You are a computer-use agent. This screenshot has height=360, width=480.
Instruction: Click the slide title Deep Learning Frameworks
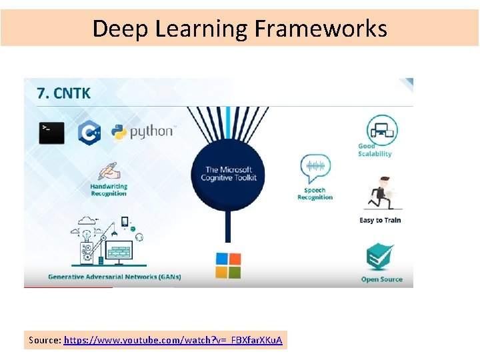point(239,29)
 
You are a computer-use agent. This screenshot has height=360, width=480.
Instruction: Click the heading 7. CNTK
point(64,93)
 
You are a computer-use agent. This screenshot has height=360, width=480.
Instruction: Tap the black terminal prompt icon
point(52,132)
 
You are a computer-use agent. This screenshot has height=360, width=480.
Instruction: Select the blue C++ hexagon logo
point(89,132)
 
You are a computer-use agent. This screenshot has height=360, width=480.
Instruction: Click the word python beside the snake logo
point(151,131)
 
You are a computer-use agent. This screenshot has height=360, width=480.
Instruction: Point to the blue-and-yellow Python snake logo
point(119,132)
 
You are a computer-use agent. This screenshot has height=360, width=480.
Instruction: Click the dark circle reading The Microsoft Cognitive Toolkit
point(230,174)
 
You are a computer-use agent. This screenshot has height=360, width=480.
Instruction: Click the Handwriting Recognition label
point(109,190)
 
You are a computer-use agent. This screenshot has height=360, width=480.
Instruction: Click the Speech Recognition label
point(315,193)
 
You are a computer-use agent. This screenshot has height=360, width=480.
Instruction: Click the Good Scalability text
point(375,150)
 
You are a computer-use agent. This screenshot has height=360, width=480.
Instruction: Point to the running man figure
point(380,193)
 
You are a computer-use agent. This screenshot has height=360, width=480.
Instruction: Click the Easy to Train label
point(380,220)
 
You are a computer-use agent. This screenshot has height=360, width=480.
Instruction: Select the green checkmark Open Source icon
point(381,257)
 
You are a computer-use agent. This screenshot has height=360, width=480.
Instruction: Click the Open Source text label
point(381,279)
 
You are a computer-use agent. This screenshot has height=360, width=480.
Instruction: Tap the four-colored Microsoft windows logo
point(227,265)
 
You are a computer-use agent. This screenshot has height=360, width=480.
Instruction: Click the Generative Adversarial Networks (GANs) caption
point(114,277)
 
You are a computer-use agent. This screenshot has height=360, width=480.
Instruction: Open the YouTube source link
point(173,340)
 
